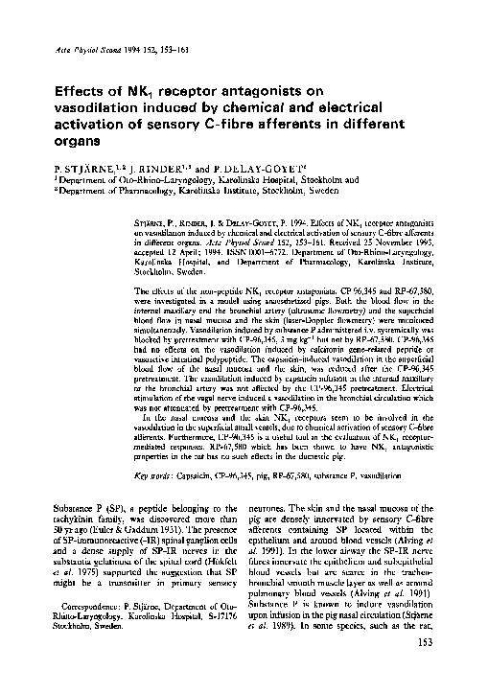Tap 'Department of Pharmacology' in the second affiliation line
110,190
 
